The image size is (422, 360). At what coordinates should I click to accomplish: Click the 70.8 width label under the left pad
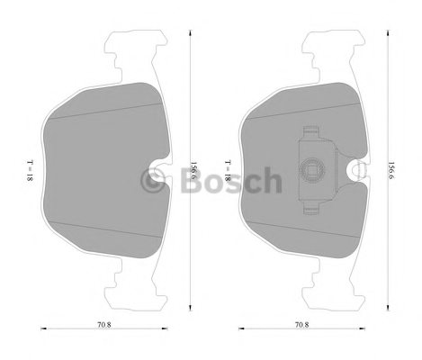click(x=104, y=325)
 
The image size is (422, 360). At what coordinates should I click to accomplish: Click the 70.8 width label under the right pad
click(x=301, y=325)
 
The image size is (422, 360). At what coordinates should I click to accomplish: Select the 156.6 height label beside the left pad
click(x=194, y=170)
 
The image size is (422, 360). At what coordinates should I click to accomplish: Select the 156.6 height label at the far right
click(x=391, y=170)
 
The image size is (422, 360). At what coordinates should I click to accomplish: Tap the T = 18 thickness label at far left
click(x=30, y=170)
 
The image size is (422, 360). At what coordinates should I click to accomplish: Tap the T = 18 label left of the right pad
click(x=228, y=170)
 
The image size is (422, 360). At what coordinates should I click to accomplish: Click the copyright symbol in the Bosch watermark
click(x=153, y=180)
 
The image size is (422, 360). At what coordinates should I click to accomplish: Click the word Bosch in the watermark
click(x=231, y=180)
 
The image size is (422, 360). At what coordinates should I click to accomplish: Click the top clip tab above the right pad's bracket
click(x=310, y=132)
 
